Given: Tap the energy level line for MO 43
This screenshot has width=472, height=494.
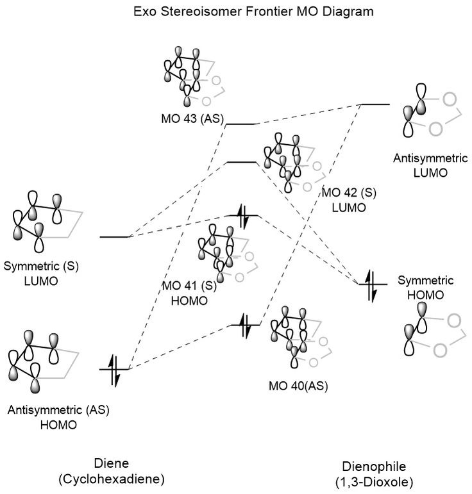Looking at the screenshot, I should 243,124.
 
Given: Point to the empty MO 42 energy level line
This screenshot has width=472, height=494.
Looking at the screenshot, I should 243,163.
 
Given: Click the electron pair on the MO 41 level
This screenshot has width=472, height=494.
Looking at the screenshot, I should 244,216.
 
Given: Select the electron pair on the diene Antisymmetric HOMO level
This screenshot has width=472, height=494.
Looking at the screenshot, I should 115,370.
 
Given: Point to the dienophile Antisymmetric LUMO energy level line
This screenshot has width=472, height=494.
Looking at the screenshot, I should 375,103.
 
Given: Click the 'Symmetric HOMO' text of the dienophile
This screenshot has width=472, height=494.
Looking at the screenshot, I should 426,286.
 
